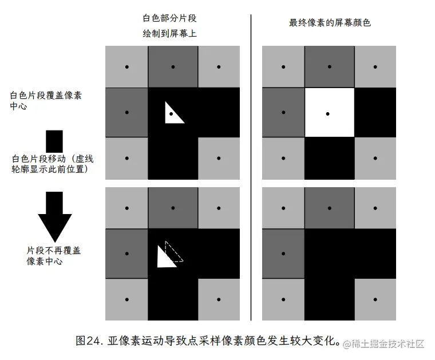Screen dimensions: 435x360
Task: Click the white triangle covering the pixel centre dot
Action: (173, 113)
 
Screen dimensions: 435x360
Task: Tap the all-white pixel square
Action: (329, 112)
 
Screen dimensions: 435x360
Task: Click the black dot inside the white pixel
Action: (327, 114)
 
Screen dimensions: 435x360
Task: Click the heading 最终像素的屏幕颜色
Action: (330, 23)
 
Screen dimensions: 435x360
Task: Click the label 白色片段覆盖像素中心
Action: (45, 100)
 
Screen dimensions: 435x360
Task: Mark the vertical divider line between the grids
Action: (251, 166)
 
